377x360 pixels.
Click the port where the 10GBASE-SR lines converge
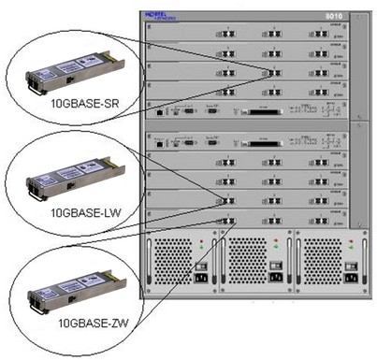click(x=272, y=71)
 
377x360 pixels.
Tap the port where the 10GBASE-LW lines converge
click(x=227, y=199)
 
